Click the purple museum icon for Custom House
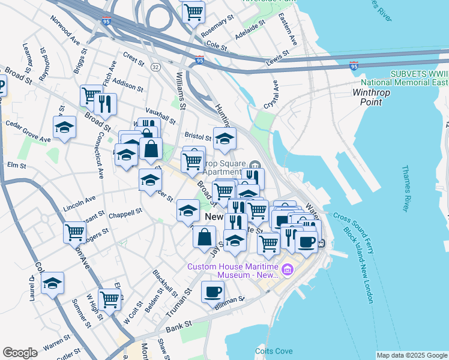(x=288, y=270)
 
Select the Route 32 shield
(x=155, y=66)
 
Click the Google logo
(x=20, y=353)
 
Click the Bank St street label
(x=178, y=325)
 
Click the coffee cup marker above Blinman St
(x=212, y=292)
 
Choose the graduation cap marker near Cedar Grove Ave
(x=64, y=127)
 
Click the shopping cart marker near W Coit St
(x=109, y=298)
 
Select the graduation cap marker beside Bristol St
(x=224, y=139)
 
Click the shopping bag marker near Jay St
(x=204, y=235)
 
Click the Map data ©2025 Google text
(x=412, y=355)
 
